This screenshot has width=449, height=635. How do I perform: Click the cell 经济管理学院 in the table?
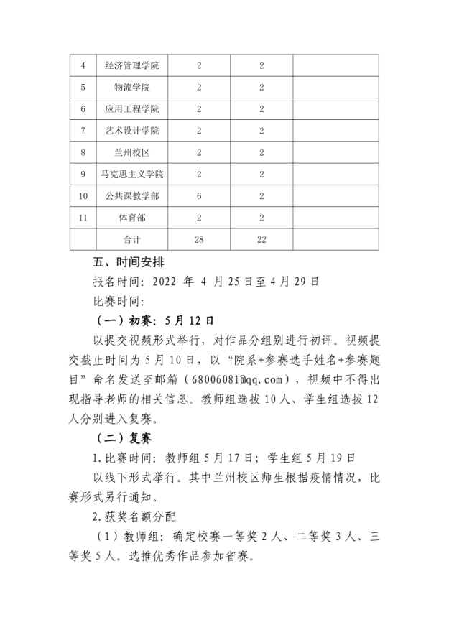pos(131,65)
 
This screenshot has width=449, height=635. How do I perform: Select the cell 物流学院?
pos(131,88)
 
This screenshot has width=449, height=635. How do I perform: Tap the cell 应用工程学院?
pos(131,109)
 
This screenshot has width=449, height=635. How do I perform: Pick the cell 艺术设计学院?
pos(131,131)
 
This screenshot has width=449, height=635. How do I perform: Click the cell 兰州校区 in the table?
pos(131,152)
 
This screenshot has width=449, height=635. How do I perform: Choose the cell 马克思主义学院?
pos(131,175)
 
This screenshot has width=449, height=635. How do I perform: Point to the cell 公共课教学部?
pos(131,196)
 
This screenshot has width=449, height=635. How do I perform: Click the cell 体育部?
pos(131,218)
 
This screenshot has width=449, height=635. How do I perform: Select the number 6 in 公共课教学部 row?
pos(199,196)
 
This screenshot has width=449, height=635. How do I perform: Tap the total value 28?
pos(199,239)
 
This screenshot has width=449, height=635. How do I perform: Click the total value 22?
pos(261,239)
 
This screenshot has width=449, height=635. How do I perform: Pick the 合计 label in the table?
pos(131,239)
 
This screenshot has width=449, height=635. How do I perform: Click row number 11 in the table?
pos(83,218)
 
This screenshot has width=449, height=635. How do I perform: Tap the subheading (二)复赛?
pos(123,437)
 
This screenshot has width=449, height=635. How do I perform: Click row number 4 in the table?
pos(83,65)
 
